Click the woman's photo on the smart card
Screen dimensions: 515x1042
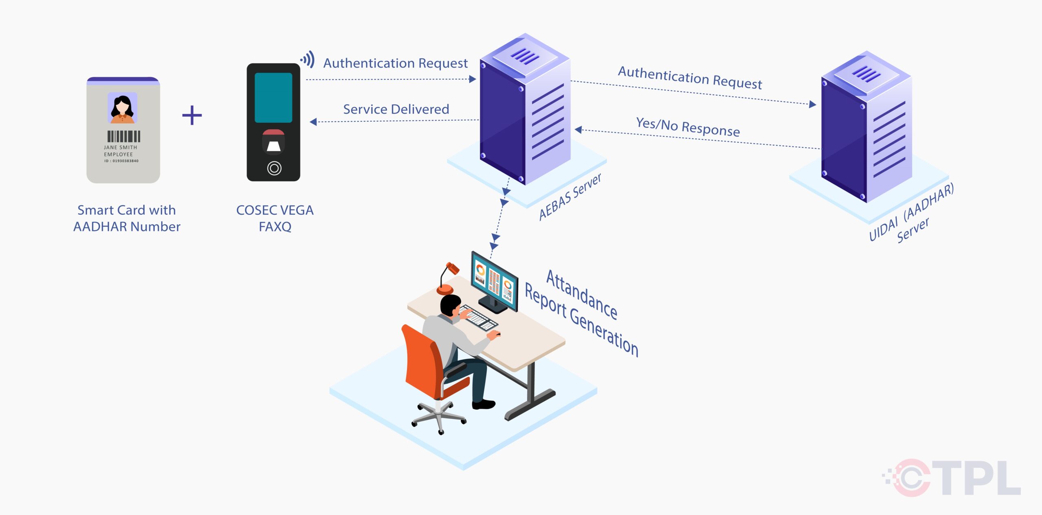[123, 108]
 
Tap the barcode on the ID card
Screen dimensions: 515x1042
[124, 136]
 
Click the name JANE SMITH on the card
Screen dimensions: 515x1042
[120, 147]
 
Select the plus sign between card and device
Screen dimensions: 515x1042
[192, 116]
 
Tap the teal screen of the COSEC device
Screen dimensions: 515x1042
[274, 98]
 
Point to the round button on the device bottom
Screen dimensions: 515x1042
[274, 168]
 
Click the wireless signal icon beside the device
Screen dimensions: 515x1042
[308, 59]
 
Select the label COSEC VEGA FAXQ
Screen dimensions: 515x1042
[275, 218]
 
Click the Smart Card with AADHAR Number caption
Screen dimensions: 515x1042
[127, 218]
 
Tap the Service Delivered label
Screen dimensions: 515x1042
[396, 109]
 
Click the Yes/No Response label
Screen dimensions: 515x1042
[688, 127]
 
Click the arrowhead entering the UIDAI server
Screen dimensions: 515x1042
[812, 105]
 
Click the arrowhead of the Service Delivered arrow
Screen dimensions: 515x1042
[313, 122]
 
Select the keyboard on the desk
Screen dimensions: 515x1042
[478, 317]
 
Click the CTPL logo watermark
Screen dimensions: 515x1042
[952, 478]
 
